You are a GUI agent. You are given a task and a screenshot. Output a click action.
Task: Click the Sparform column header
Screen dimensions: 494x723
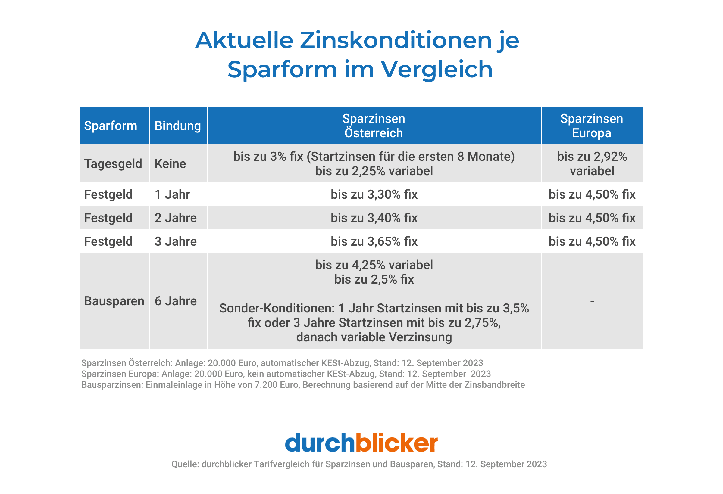coord(111,126)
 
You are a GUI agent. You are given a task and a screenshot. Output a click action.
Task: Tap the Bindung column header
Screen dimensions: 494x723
coord(178,126)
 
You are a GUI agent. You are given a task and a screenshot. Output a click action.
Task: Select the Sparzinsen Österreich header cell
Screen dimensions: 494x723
coord(374,126)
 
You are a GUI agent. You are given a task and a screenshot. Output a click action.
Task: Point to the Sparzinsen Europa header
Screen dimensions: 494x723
coord(591,126)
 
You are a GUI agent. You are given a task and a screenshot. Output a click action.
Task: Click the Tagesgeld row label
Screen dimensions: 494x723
coord(113,164)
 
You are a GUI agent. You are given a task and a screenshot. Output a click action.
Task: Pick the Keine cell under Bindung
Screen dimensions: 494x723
coord(170,164)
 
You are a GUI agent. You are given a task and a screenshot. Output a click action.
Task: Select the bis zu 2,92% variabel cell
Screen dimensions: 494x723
coord(592,164)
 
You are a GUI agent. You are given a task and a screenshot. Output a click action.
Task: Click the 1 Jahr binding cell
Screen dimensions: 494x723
coord(172,194)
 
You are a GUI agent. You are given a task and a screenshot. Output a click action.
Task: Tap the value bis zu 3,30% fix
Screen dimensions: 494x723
coord(374,194)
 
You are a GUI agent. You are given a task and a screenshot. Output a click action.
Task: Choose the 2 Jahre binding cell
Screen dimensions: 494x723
coord(175,218)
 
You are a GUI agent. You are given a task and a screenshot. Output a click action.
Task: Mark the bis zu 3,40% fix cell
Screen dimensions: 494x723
coord(374,218)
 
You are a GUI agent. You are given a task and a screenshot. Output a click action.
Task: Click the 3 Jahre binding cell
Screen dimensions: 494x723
coord(175,241)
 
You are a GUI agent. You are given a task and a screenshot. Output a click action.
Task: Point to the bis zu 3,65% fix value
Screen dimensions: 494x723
coord(374,241)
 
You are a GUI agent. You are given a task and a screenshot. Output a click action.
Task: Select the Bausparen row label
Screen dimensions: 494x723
coord(114,301)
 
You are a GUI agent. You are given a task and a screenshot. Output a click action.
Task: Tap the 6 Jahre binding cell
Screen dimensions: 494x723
coord(175,301)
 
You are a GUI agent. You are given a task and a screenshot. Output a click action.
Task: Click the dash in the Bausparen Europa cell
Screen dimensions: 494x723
coord(592,301)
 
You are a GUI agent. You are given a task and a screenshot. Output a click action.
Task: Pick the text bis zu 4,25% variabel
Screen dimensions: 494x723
coord(374,265)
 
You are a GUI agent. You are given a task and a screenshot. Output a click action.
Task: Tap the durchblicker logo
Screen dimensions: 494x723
coord(361,443)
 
